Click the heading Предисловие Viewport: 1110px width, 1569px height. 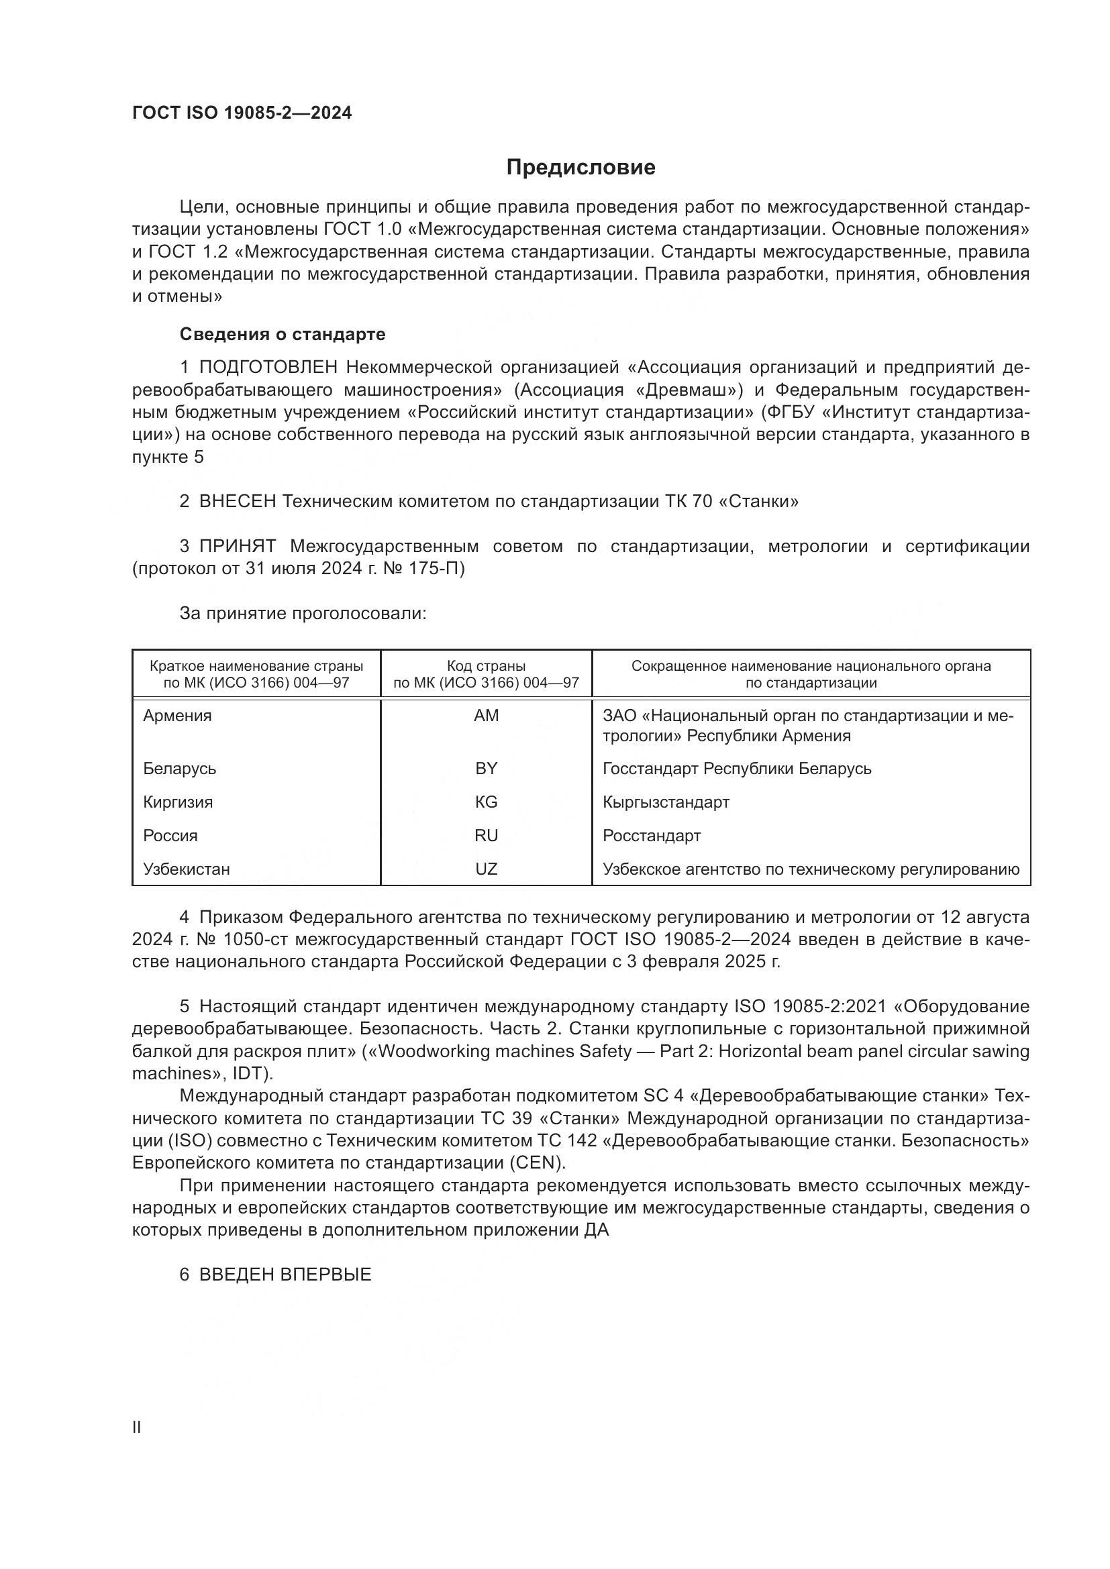pos(581,168)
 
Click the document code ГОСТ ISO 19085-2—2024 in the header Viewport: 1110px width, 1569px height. pos(242,113)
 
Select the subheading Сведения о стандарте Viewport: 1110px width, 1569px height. pos(283,334)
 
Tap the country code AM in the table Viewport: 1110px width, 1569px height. pos(486,716)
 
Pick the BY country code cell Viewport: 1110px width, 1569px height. pos(486,769)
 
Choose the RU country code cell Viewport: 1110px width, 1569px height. pos(486,836)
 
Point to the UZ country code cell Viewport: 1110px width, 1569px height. pos(486,869)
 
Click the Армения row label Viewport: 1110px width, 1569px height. pos(178,716)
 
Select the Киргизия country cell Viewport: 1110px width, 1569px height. pos(178,802)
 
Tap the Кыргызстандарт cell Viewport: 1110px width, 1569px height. pos(666,802)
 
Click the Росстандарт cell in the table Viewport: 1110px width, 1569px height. pos(652,836)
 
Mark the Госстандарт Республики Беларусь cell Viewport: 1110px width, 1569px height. pos(737,769)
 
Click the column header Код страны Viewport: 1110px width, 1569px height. pos(486,665)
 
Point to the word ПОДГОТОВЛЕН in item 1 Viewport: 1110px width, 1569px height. pos(268,368)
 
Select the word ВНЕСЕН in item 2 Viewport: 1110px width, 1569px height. pos(238,502)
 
